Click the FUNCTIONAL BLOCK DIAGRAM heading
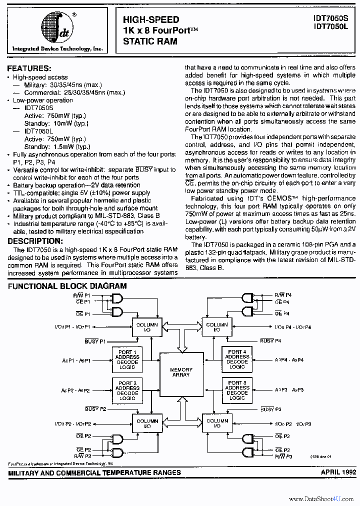(67, 286)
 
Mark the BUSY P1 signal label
(95, 341)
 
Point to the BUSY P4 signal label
(270, 341)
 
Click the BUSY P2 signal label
(95, 409)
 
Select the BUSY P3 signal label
(270, 409)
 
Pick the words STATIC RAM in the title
(150, 41)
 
